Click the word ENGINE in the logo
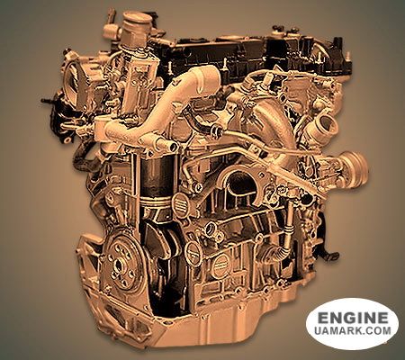tap(353, 318)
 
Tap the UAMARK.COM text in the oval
tap(353, 330)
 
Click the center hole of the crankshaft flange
tap(118, 265)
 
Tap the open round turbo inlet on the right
tap(328, 123)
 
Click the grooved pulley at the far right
tap(355, 168)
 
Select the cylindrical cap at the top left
tap(136, 22)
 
